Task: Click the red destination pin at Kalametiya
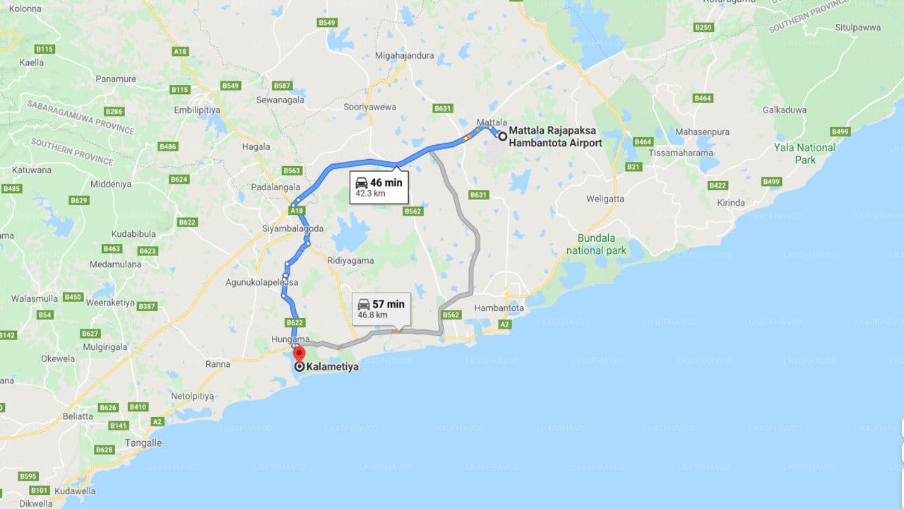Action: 299,354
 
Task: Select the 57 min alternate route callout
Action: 381,309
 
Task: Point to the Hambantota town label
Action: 499,308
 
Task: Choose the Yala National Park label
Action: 804,153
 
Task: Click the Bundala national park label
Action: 595,244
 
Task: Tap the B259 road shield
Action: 703,28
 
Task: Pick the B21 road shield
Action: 634,167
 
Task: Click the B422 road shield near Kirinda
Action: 718,185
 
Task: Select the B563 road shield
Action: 292,170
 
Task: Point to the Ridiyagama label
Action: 350,260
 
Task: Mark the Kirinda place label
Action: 731,203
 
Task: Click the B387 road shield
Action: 147,306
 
